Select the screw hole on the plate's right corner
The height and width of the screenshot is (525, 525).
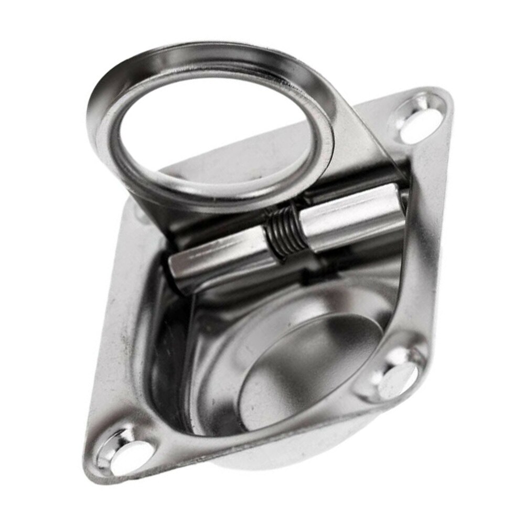point(397,374)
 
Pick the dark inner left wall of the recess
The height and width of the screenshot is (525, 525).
point(163,357)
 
